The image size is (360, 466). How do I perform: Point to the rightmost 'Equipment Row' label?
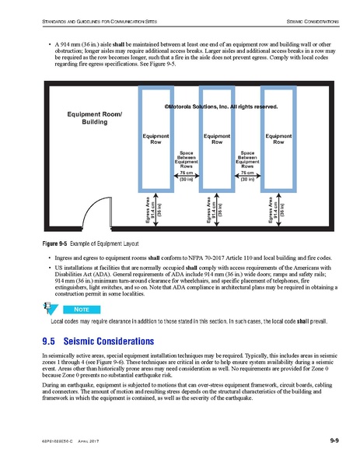coord(278,139)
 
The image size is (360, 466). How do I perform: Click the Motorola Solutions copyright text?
coord(221,105)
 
